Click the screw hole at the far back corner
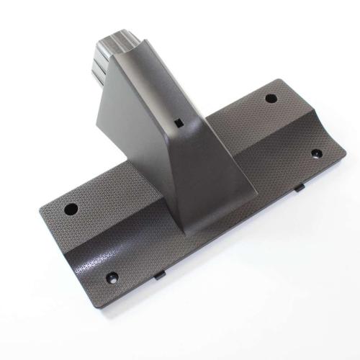pyautogui.click(x=271, y=99)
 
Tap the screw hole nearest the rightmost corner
pyautogui.click(x=315, y=153)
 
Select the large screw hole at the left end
pyautogui.click(x=71, y=210)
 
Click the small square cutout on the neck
pyautogui.click(x=176, y=121)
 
